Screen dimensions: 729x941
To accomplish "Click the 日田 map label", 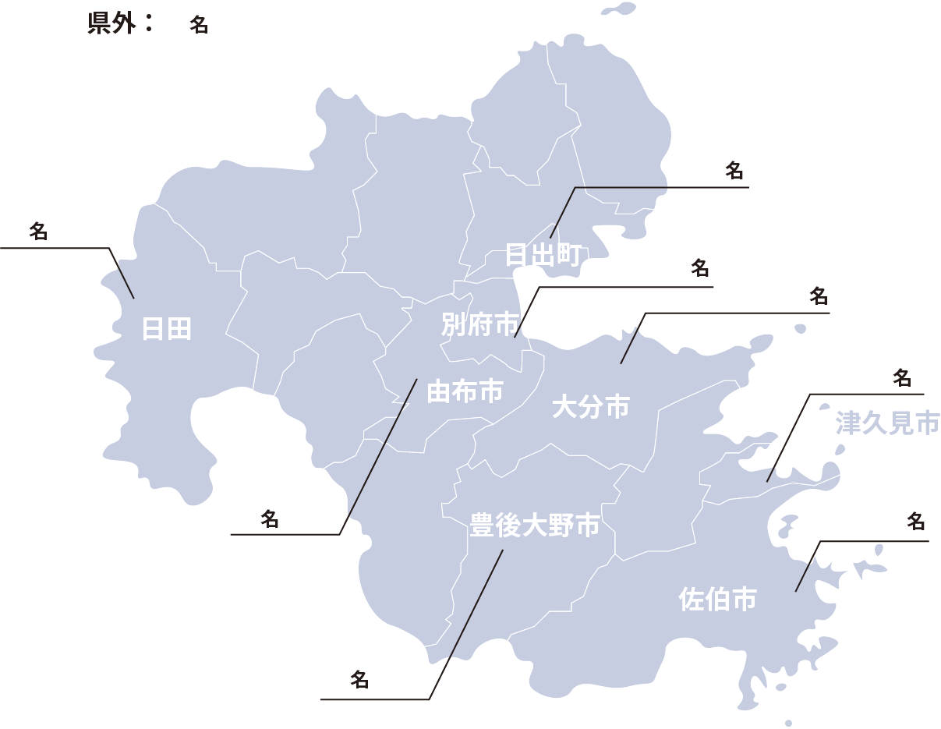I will coord(166,329).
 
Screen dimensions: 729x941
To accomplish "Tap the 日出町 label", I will coord(543,254).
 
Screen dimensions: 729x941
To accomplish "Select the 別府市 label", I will coord(479,324).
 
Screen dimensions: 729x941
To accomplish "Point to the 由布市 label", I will coord(465,392).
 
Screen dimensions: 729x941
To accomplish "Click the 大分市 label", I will coord(590,406).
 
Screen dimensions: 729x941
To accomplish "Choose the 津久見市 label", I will coord(886,423).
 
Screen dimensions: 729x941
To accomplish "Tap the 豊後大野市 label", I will coord(534,525).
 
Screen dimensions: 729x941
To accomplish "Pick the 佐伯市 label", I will coord(717,599).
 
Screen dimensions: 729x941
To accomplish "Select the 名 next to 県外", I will coord(199,25).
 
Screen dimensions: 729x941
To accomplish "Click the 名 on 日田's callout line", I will coord(38,231).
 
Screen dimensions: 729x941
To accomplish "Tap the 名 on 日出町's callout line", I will coord(734,171).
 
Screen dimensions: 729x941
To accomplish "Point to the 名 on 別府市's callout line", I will coord(700,269).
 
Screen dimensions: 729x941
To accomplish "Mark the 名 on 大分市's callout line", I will coord(818,296).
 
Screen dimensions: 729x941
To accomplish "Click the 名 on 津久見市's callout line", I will coord(902,378).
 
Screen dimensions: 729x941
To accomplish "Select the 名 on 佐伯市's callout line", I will coord(915,521).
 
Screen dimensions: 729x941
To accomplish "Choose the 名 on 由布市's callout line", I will coord(270,519).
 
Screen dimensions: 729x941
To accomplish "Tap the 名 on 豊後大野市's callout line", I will coord(359,679).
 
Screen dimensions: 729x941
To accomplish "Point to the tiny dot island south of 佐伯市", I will coord(788,723).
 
